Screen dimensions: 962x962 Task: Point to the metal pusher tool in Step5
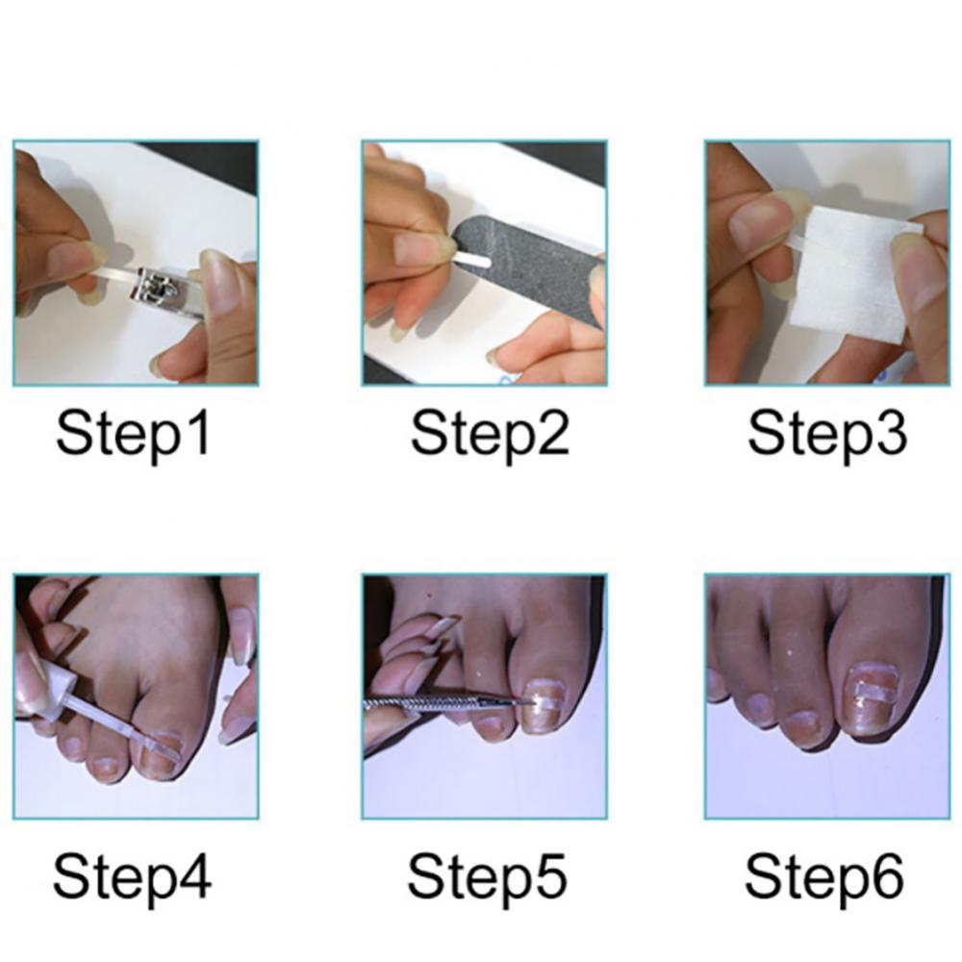pos(444,703)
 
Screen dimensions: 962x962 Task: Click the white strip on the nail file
pos(473,262)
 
